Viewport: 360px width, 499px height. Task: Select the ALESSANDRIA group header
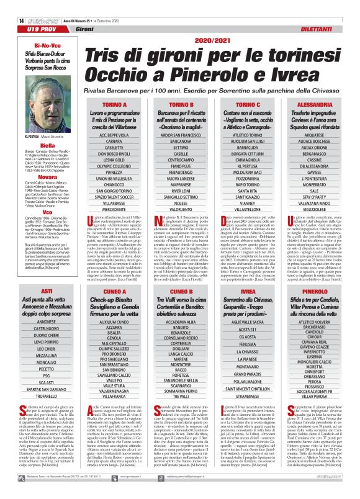pos(319,106)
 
